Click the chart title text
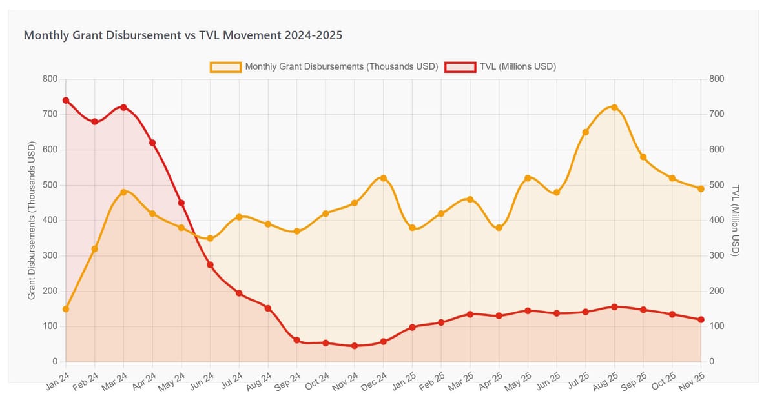[x=183, y=35]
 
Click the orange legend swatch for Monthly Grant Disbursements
[x=225, y=66]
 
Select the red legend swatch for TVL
[x=459, y=66]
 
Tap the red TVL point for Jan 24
[x=66, y=101]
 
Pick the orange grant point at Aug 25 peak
[x=614, y=108]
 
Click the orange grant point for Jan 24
[x=66, y=309]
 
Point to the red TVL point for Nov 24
[x=355, y=346]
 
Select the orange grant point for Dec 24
[x=383, y=178]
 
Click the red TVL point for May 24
[x=181, y=203]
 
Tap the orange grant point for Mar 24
[x=123, y=192]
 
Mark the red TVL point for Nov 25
[x=701, y=319]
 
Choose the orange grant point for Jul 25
[x=585, y=132]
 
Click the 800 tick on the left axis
[x=50, y=79]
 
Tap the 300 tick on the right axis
[x=718, y=256]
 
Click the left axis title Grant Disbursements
[x=32, y=221]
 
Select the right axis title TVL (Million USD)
[x=735, y=221]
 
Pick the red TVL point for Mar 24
[x=123, y=108]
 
